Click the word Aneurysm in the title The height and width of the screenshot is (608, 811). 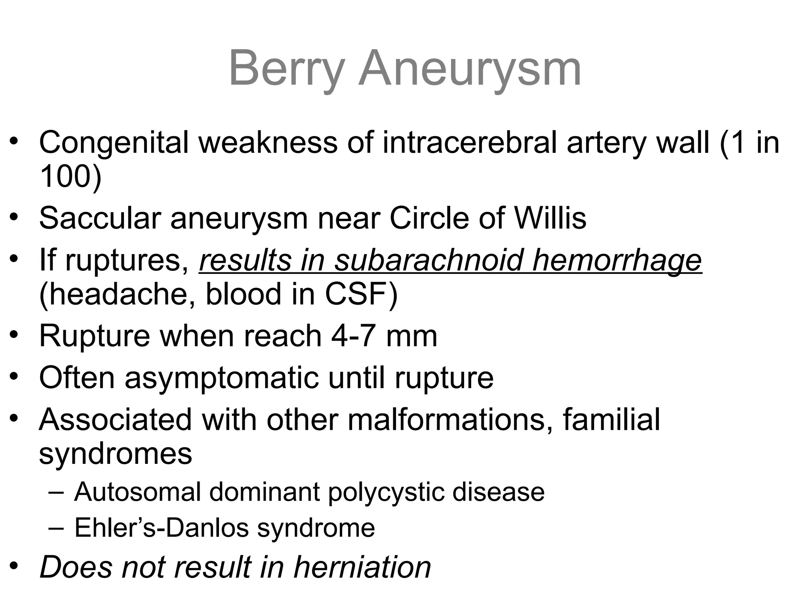pos(470,68)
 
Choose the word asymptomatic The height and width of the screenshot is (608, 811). pos(221,378)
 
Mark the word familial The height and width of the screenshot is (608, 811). pos(611,419)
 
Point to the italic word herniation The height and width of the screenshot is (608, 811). pos(362,567)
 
